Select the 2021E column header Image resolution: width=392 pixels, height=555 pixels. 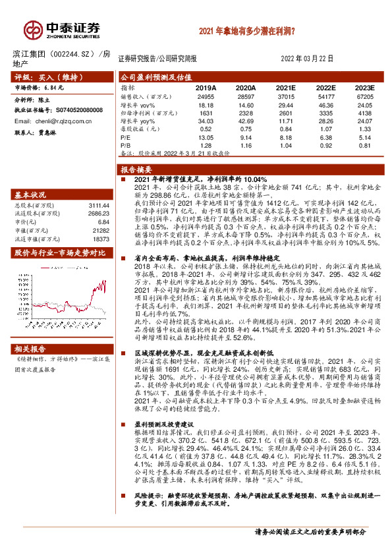coord(285,87)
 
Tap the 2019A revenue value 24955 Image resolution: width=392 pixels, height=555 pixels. coord(206,96)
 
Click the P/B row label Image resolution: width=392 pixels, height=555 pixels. coord(126,145)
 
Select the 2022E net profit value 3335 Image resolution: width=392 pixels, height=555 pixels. coord(325,112)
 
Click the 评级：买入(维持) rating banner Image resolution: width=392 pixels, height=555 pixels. coord(47,77)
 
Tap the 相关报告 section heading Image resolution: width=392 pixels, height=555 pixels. coord(32,348)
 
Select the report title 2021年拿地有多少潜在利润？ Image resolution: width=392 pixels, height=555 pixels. coord(246,30)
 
